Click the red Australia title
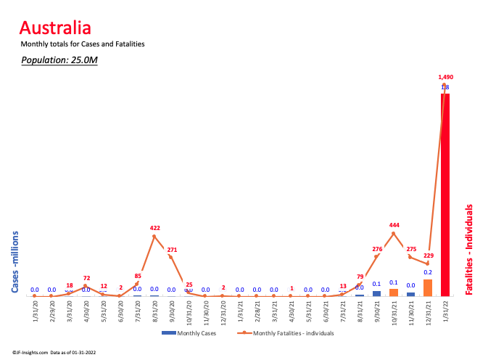click(x=55, y=28)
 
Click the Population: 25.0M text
click(x=59, y=60)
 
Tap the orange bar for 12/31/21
click(x=428, y=287)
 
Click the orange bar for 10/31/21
click(x=394, y=292)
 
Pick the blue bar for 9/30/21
click(x=377, y=293)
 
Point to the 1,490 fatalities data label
click(x=445, y=77)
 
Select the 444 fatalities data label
click(x=394, y=224)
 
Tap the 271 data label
click(x=172, y=250)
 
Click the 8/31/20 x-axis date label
click(x=154, y=311)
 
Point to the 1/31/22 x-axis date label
click(x=445, y=311)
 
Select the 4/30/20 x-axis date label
click(x=86, y=311)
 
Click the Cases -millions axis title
click(x=15, y=263)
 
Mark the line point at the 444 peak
click(x=394, y=233)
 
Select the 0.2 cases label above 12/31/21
click(x=428, y=273)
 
